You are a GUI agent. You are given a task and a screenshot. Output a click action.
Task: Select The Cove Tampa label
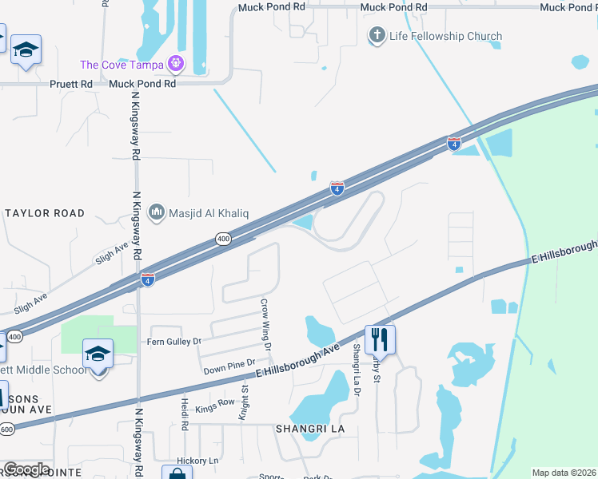[x=122, y=65]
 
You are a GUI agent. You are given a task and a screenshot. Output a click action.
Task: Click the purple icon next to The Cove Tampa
[x=176, y=64]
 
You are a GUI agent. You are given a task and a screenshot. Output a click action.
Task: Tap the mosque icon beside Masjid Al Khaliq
[x=157, y=212]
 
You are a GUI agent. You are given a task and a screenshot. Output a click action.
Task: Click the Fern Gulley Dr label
[x=173, y=342]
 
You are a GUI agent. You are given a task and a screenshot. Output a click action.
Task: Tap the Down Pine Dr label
[x=229, y=367]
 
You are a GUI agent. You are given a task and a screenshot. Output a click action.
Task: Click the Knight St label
[x=245, y=402]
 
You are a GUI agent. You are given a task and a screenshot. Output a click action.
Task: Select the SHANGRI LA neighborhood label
[x=309, y=429]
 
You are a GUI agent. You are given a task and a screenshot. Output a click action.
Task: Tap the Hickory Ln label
[x=197, y=461]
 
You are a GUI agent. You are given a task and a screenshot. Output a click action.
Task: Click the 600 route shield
[x=6, y=430]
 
